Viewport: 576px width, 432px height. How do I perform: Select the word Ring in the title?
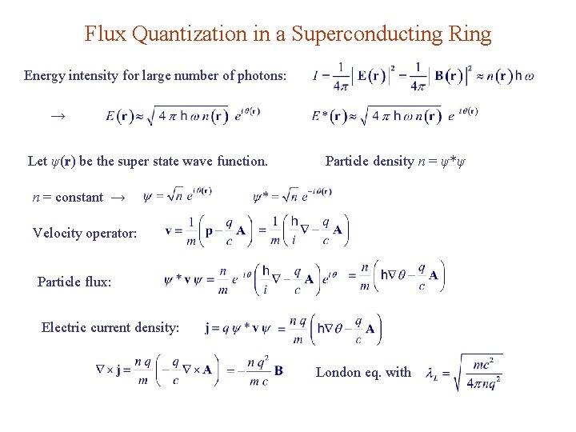click(x=472, y=34)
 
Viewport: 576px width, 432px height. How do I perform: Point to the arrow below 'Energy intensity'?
click(x=57, y=116)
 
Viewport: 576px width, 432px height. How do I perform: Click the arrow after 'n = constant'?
click(x=118, y=197)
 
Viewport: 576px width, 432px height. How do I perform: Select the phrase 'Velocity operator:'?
click(x=85, y=233)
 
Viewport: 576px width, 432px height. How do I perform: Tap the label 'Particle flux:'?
click(x=74, y=282)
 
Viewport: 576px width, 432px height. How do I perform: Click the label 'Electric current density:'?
click(x=110, y=326)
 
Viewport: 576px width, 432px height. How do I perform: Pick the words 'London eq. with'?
click(x=363, y=372)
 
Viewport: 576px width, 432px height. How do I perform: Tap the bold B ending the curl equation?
click(x=278, y=371)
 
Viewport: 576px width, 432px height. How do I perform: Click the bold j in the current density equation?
click(x=208, y=328)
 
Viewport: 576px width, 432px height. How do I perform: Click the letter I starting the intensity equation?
click(x=315, y=77)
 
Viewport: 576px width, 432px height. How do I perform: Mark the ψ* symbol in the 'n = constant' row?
click(x=261, y=197)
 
